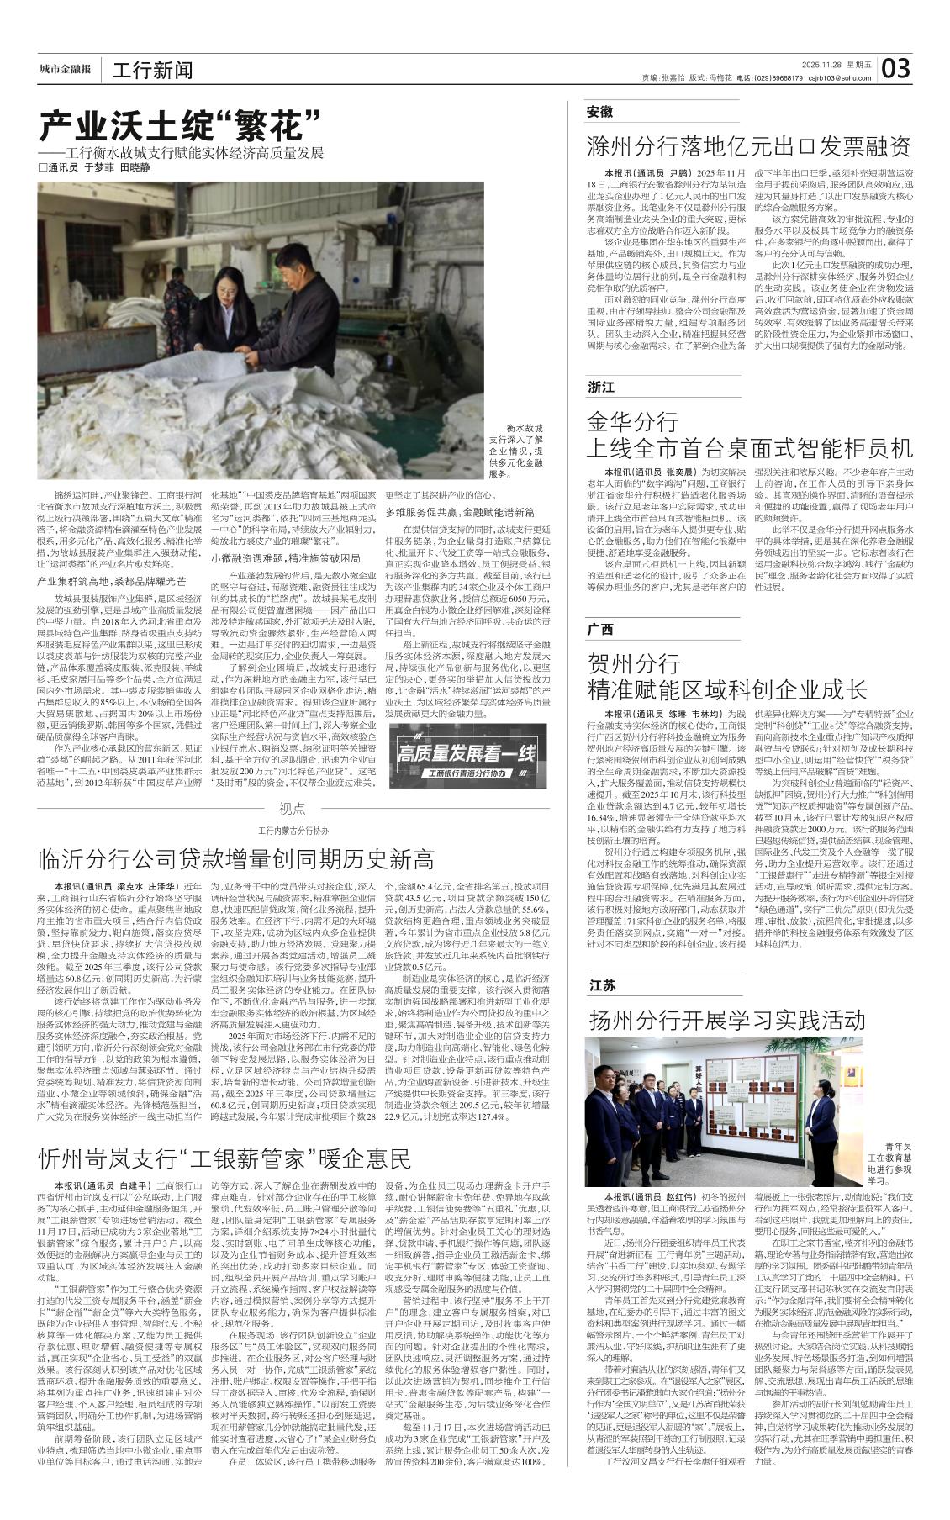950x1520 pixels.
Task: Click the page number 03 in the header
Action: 895,69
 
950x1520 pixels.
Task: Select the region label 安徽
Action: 599,112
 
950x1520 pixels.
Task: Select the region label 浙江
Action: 600,387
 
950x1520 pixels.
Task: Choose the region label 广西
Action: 599,629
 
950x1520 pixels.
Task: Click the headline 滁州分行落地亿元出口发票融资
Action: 748,146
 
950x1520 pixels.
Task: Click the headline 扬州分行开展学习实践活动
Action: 727,1020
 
